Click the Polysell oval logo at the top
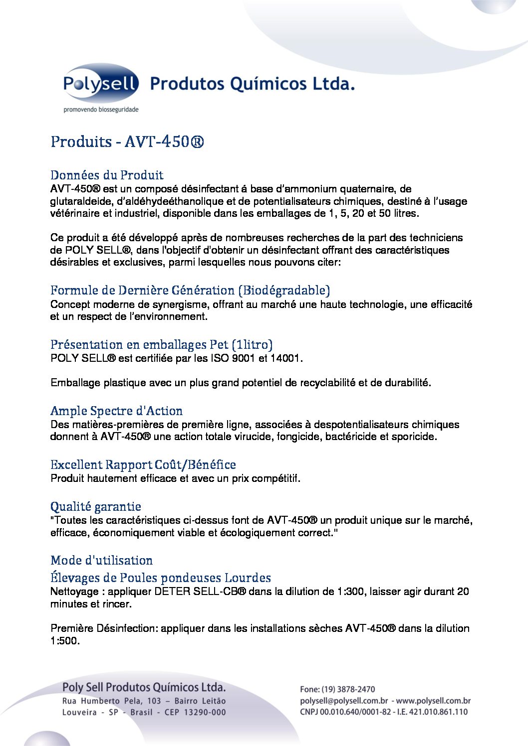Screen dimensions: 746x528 (100, 83)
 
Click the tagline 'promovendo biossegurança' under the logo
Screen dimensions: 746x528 (101, 110)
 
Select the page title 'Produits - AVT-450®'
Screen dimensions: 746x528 (127, 142)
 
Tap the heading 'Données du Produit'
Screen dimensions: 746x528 (107, 175)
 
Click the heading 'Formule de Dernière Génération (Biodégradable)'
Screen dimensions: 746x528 (190, 290)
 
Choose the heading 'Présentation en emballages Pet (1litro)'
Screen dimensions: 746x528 (161, 344)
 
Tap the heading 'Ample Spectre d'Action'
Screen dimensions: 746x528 (116, 411)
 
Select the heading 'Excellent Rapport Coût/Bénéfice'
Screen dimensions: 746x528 (143, 465)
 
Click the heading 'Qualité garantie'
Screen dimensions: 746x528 (96, 507)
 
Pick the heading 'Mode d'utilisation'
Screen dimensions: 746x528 (101, 560)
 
